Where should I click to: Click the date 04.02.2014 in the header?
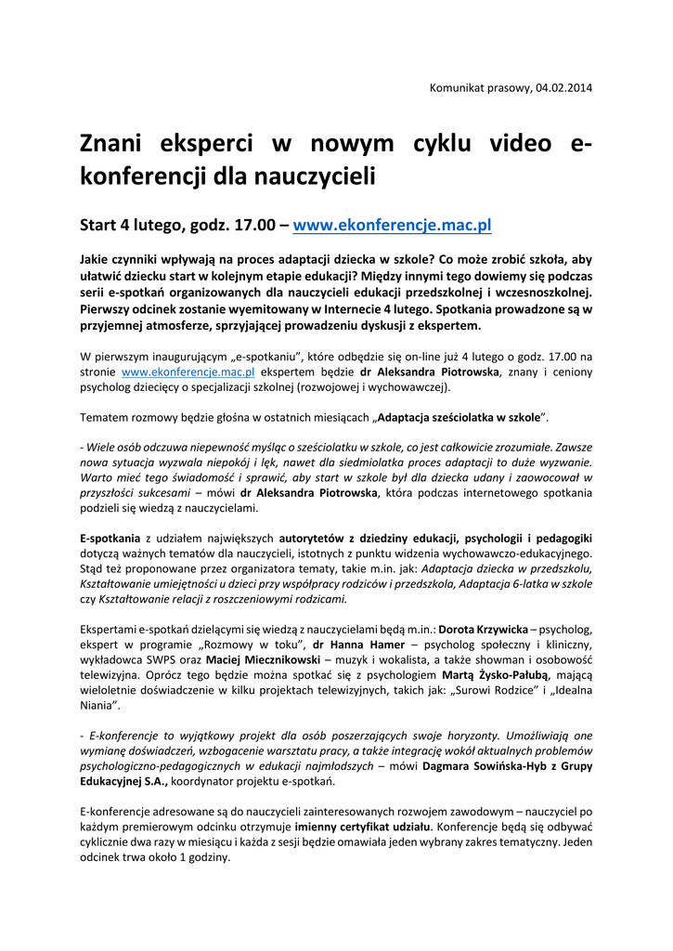(563, 88)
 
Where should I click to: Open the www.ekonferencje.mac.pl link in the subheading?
(392, 225)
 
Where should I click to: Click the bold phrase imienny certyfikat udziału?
(349, 827)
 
